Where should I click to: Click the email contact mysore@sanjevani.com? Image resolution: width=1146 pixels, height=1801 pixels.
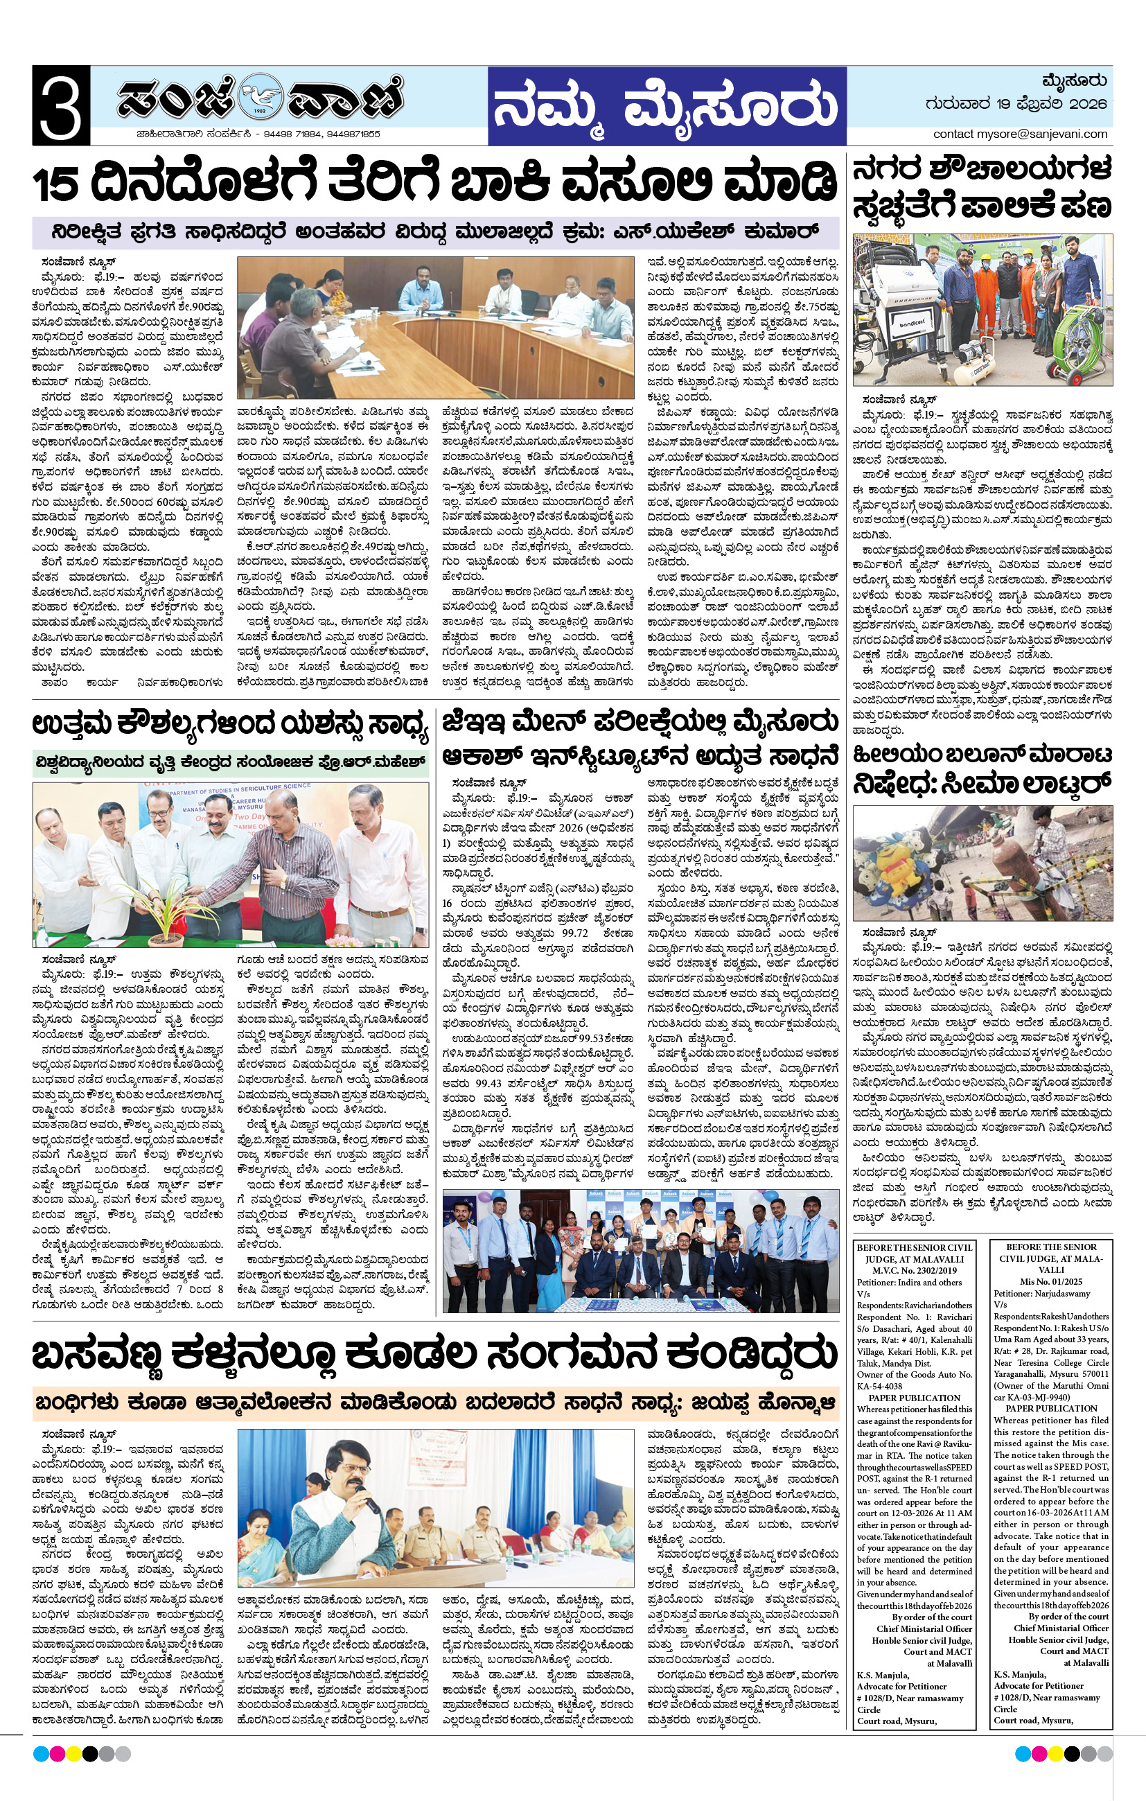click(x=1020, y=134)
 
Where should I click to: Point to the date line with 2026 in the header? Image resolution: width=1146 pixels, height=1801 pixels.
click(x=1015, y=104)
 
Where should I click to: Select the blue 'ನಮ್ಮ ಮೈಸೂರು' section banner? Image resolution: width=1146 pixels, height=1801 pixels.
click(x=667, y=106)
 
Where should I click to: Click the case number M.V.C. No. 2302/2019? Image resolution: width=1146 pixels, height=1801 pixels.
click(x=914, y=1270)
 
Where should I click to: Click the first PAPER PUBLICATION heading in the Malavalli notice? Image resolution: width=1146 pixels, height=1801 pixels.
click(x=914, y=1397)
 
